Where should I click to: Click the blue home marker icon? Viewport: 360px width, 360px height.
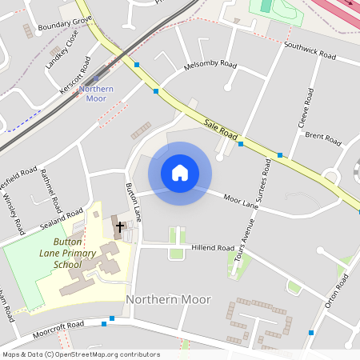(x=180, y=173)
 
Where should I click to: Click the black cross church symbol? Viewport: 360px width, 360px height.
(x=121, y=227)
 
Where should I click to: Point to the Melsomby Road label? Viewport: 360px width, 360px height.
(x=210, y=64)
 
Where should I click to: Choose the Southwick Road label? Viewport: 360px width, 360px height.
(x=309, y=51)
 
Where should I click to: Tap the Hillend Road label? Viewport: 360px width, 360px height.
(x=213, y=248)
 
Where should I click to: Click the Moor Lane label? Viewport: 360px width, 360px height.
(x=241, y=201)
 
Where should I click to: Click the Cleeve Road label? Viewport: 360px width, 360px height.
(x=304, y=109)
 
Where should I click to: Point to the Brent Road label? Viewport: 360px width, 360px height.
(x=323, y=138)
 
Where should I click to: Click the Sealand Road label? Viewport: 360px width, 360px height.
(x=62, y=219)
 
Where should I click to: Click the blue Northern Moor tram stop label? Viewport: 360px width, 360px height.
(x=96, y=93)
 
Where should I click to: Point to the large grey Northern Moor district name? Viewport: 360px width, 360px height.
(x=169, y=299)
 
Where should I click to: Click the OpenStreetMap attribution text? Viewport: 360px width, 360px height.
(x=81, y=354)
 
